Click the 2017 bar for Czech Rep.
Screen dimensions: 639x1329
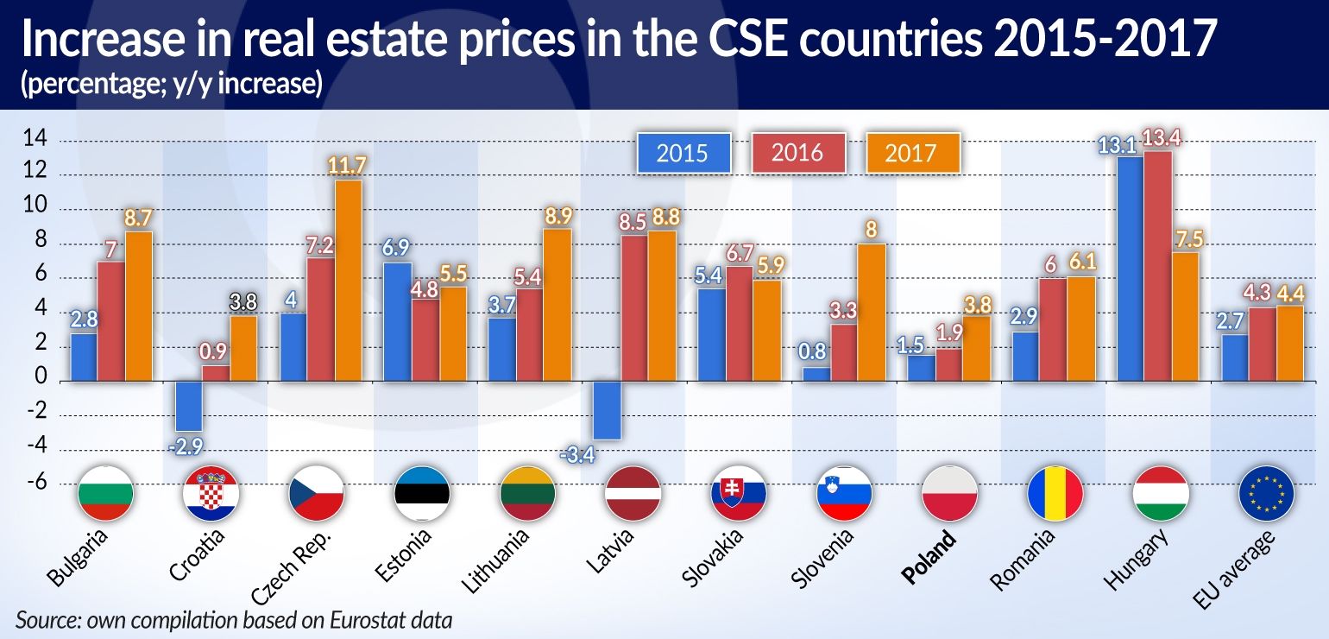pos(349,281)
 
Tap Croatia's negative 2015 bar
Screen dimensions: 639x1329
pos(189,406)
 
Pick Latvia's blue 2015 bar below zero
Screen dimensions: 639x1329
pos(608,410)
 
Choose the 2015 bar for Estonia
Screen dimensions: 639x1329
pos(398,321)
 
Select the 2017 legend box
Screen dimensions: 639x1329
pos(912,154)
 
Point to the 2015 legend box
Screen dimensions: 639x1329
pos(683,154)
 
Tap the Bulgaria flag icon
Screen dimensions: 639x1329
pos(105,493)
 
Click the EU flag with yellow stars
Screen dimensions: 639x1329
pos(1265,493)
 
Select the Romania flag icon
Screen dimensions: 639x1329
pos(1055,493)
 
